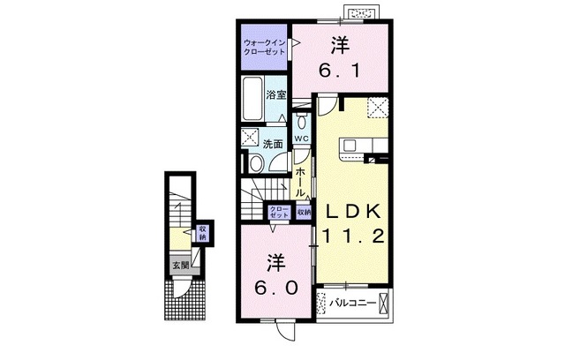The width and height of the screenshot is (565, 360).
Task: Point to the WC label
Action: point(300,139)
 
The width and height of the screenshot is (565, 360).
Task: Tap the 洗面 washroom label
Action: point(273,143)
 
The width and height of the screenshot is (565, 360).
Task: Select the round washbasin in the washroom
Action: point(255,163)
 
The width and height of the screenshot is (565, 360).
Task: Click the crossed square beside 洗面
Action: point(250,138)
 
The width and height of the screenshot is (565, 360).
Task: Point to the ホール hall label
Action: point(301,181)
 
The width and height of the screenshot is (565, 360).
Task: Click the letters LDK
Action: point(351,212)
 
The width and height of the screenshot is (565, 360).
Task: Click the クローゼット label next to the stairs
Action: point(279,212)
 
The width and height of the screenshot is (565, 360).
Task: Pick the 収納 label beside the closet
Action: point(304,212)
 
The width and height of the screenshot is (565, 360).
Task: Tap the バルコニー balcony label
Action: point(352,304)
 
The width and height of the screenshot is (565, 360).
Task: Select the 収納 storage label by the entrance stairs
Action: point(201,233)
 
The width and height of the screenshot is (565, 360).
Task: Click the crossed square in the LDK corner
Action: point(379,107)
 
